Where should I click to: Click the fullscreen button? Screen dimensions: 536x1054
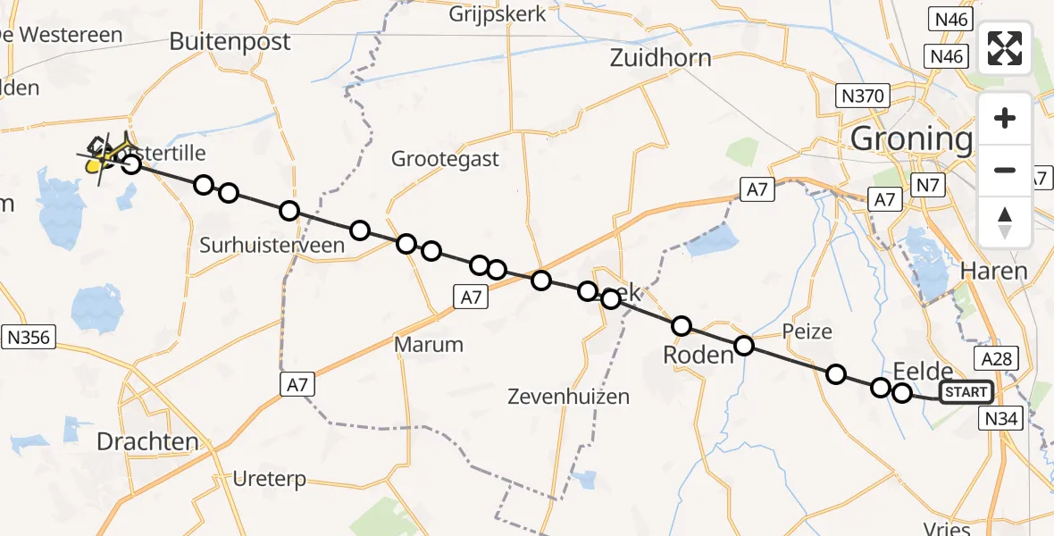(x=1005, y=48)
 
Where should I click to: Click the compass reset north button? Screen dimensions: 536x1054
(x=1005, y=222)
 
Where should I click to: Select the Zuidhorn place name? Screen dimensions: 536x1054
(x=661, y=58)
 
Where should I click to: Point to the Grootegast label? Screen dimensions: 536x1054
(x=445, y=160)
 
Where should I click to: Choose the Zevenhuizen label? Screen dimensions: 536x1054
(x=568, y=396)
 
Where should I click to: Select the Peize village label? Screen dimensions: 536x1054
(x=807, y=332)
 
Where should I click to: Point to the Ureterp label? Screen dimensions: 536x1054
(x=269, y=479)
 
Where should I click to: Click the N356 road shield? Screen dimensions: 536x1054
(x=29, y=337)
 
